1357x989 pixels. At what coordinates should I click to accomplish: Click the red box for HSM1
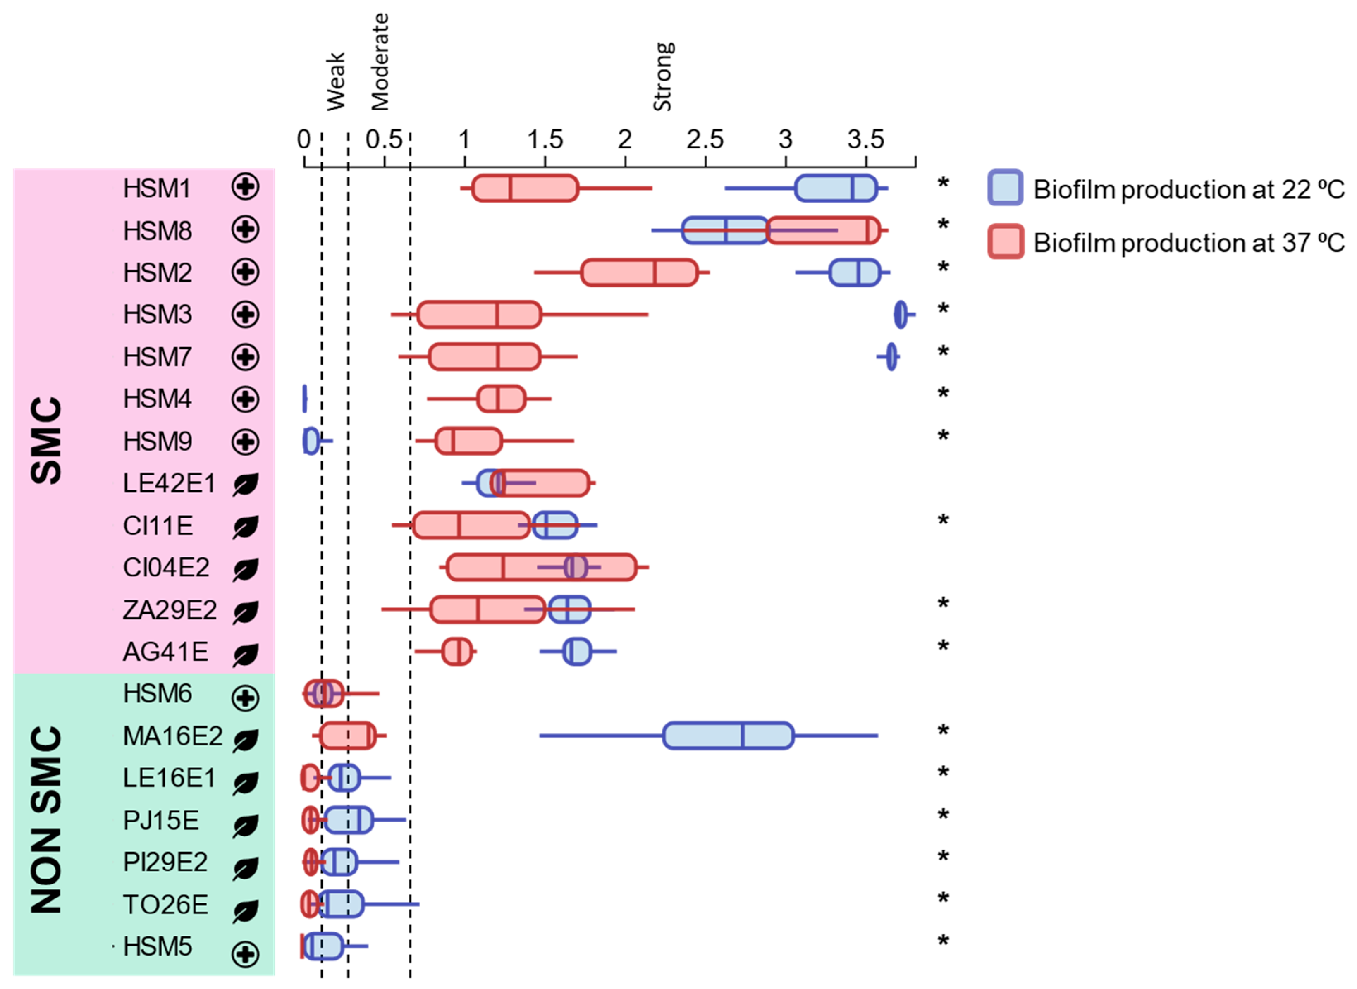coord(525,188)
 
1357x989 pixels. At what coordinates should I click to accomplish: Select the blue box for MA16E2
coord(728,735)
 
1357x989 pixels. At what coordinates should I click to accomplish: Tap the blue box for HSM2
coord(854,272)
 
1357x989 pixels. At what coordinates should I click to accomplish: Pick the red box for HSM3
coord(479,314)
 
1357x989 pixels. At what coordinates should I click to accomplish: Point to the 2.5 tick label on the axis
coord(705,141)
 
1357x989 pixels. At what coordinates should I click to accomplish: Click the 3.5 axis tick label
coord(865,141)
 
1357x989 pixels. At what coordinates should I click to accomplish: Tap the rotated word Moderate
coord(380,62)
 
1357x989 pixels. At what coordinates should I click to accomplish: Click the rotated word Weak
coord(335,81)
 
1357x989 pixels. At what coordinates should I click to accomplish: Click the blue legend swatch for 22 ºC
coord(1005,188)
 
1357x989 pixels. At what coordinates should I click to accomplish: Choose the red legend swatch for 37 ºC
coord(1005,241)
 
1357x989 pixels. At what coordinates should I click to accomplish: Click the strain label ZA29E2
coord(170,610)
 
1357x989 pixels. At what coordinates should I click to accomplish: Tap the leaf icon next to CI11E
coord(246,527)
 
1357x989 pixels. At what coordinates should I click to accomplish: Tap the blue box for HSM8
coord(724,230)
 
